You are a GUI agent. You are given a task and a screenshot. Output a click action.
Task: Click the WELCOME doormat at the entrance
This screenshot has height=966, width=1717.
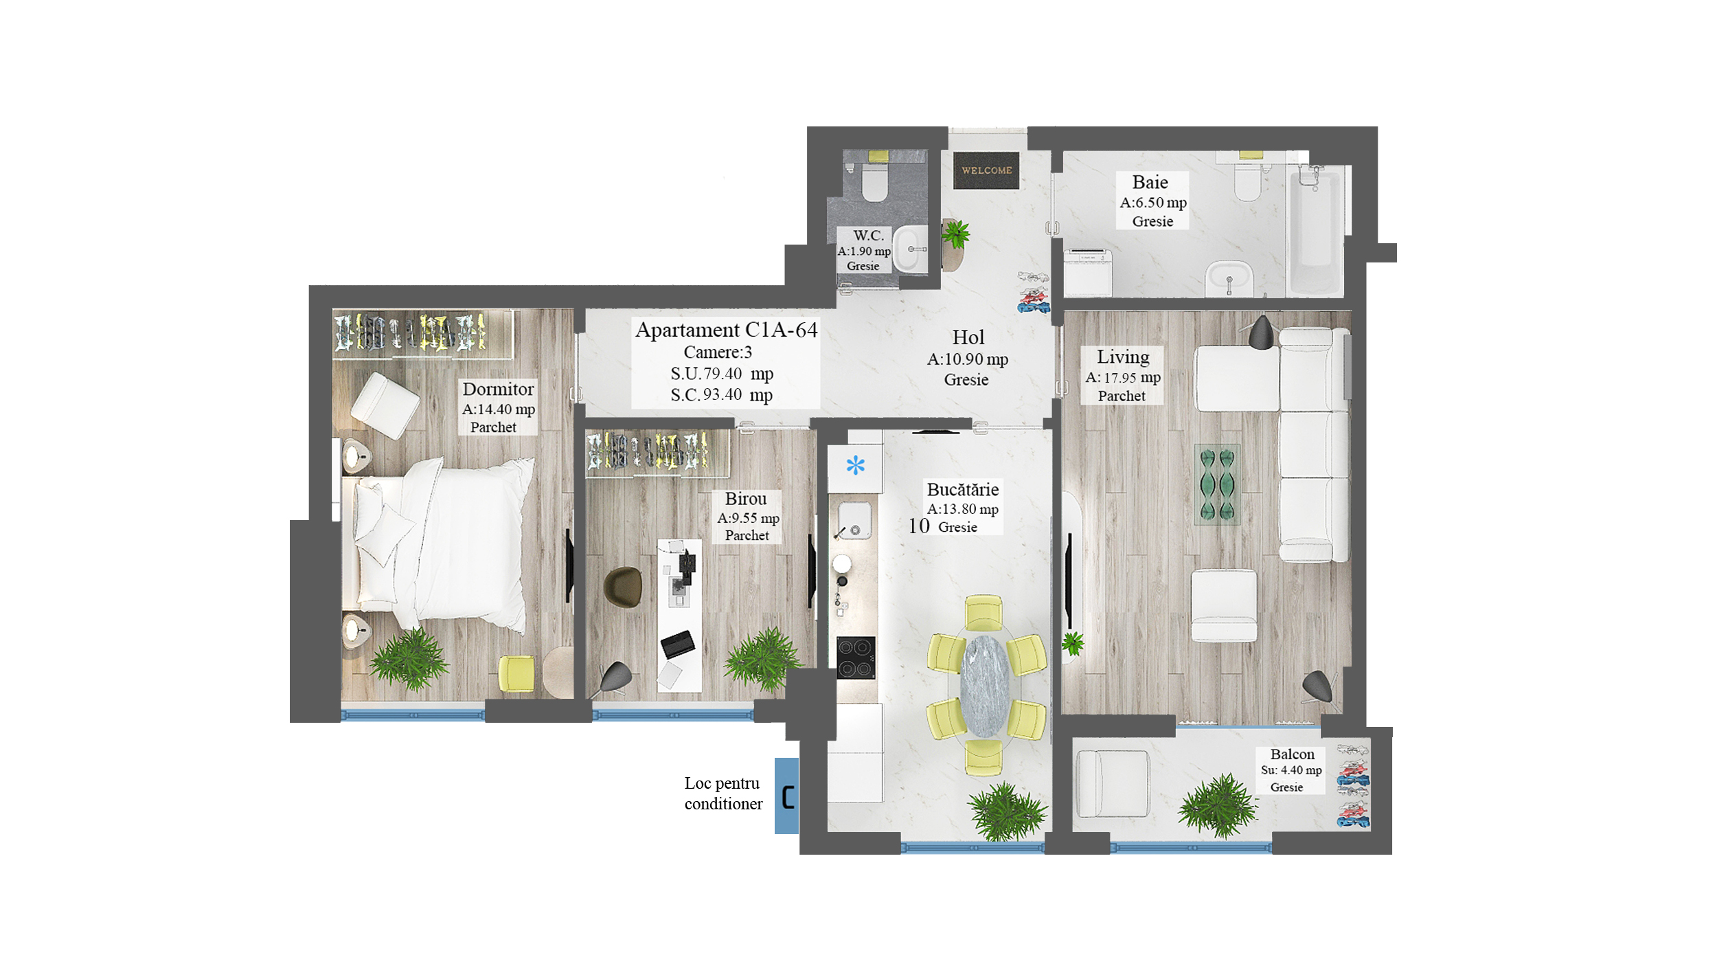pos(986,170)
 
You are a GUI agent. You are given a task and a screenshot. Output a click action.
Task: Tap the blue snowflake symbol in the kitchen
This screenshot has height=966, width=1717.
pos(855,466)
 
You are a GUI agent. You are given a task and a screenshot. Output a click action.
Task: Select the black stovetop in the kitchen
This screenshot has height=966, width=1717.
pos(856,658)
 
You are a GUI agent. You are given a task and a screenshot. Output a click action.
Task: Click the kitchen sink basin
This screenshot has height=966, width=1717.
pos(854,521)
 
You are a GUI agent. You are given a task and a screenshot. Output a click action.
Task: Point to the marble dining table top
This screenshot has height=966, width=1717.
pos(985,686)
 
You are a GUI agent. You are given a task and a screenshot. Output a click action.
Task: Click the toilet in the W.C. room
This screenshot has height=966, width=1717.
pos(874,181)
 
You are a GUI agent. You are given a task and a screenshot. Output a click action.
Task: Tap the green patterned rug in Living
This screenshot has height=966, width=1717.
pos(1217,484)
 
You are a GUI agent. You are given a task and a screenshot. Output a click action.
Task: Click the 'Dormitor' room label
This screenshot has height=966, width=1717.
pos(498,389)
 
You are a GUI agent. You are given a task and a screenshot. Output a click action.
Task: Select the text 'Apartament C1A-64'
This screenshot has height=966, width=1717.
pos(726,330)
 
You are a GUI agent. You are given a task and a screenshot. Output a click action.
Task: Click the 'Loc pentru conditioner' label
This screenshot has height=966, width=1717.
pos(723,794)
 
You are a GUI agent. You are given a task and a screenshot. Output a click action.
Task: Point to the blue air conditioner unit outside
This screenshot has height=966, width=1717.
pos(786,796)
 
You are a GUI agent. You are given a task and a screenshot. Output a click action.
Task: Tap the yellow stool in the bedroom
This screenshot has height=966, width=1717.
pos(516,674)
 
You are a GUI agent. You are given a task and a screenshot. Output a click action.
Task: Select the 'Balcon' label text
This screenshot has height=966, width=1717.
pos(1292,754)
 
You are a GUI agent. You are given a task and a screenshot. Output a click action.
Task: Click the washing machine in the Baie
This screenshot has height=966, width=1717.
pos(1088,273)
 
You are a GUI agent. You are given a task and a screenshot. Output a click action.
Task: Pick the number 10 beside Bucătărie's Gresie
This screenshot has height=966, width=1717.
pos(918,526)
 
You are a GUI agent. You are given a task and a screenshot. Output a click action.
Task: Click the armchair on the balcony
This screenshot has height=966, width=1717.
pos(1112,784)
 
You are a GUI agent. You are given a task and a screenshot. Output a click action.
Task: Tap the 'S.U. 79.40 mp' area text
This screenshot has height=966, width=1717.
pos(722,374)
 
